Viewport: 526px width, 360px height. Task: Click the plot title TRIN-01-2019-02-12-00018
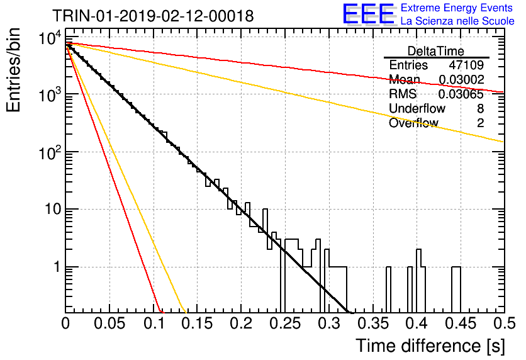pos(153,16)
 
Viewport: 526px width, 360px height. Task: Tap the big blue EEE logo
pos(369,14)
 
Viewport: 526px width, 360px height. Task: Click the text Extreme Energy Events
pos(457,8)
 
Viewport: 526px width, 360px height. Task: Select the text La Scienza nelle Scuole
pos(457,21)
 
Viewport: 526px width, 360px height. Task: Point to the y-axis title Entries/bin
pos(14,70)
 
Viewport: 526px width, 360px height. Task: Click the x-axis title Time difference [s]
pos(430,346)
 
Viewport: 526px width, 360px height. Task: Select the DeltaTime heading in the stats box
pos(436,51)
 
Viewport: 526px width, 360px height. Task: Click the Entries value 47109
pos(466,65)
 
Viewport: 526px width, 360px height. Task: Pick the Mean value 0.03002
pos(461,79)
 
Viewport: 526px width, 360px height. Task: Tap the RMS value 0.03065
pos(461,94)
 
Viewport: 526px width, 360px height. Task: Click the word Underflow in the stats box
pos(417,108)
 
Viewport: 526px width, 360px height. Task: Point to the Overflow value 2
pos(480,123)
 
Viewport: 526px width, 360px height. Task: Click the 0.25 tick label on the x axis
pos(284,323)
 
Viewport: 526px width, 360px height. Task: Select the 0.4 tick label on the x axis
pos(417,323)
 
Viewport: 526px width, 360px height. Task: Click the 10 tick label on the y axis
pos(53,210)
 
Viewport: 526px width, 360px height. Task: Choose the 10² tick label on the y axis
pos(50,153)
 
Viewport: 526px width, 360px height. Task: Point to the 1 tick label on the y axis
pos(57,267)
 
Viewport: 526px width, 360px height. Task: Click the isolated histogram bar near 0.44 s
pos(456,290)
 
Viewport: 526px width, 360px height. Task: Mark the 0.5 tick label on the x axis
pos(505,323)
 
